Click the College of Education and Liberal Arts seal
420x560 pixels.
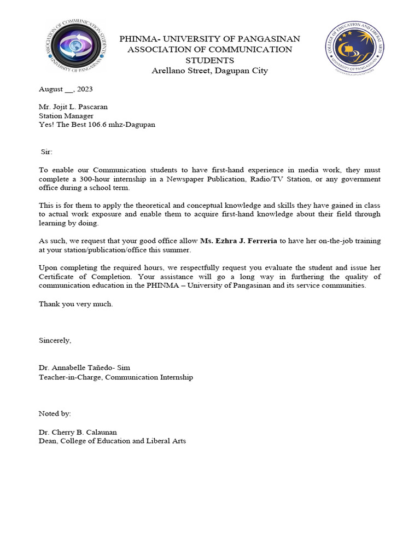click(x=354, y=48)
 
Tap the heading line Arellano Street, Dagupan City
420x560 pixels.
click(x=209, y=71)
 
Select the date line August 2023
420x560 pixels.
click(x=66, y=89)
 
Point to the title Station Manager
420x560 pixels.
click(x=66, y=116)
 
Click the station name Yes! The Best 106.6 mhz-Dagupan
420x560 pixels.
click(x=97, y=125)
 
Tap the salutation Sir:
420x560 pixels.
click(x=47, y=151)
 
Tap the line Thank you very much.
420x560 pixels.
click(x=75, y=304)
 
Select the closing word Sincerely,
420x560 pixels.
click(x=55, y=340)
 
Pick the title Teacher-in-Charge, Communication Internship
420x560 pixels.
click(x=115, y=377)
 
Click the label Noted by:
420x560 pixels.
click(x=55, y=413)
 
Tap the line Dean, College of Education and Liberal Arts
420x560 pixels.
click(x=112, y=441)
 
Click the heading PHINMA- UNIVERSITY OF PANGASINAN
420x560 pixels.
click(x=209, y=39)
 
